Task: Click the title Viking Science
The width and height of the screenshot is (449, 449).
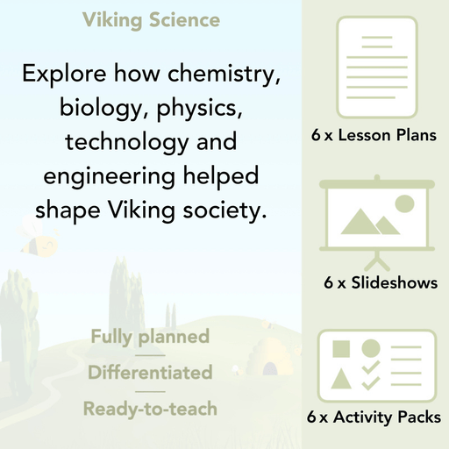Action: (x=151, y=19)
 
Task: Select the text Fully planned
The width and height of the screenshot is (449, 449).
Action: (x=149, y=337)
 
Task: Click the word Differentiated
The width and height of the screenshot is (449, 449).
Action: (x=149, y=373)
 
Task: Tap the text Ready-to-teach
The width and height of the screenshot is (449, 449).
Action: (x=149, y=409)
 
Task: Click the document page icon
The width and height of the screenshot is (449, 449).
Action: (x=374, y=66)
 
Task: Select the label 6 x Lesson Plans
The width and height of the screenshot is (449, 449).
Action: (x=374, y=136)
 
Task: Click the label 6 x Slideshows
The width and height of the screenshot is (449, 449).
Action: (x=381, y=283)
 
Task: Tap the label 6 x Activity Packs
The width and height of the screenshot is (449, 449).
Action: (x=374, y=418)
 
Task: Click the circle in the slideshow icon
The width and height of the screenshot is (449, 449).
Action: (x=404, y=204)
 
